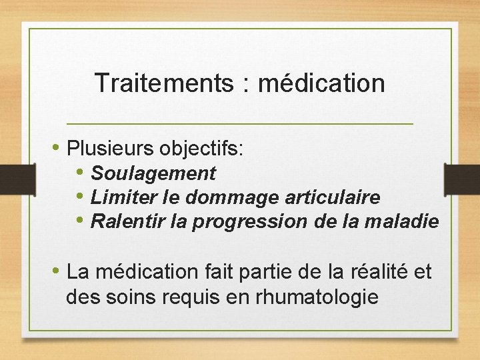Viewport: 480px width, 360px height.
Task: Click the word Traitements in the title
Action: point(163,83)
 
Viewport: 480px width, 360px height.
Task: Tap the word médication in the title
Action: point(321,83)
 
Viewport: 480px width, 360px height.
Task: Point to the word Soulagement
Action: point(153,173)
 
